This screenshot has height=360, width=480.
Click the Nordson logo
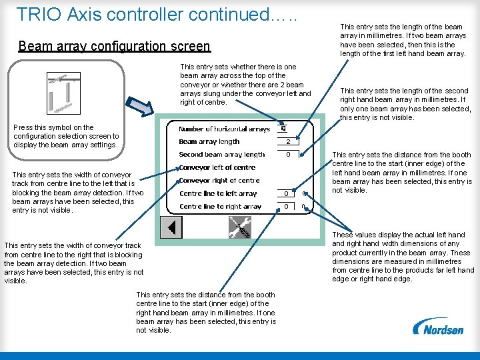(438, 327)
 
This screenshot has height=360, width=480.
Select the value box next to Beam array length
(287, 142)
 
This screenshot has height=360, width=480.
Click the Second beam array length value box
(287, 155)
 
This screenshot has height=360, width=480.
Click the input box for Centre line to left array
(286, 194)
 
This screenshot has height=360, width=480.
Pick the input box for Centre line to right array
(286, 207)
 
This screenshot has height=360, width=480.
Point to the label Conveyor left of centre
(217, 167)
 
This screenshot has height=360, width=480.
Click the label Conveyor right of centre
(219, 181)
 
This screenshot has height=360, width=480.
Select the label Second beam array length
(221, 155)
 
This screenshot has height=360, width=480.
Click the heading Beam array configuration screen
(114, 46)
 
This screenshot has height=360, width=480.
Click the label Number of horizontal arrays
(224, 129)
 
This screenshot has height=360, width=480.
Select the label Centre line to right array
(220, 207)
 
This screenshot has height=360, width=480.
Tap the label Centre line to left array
(218, 194)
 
